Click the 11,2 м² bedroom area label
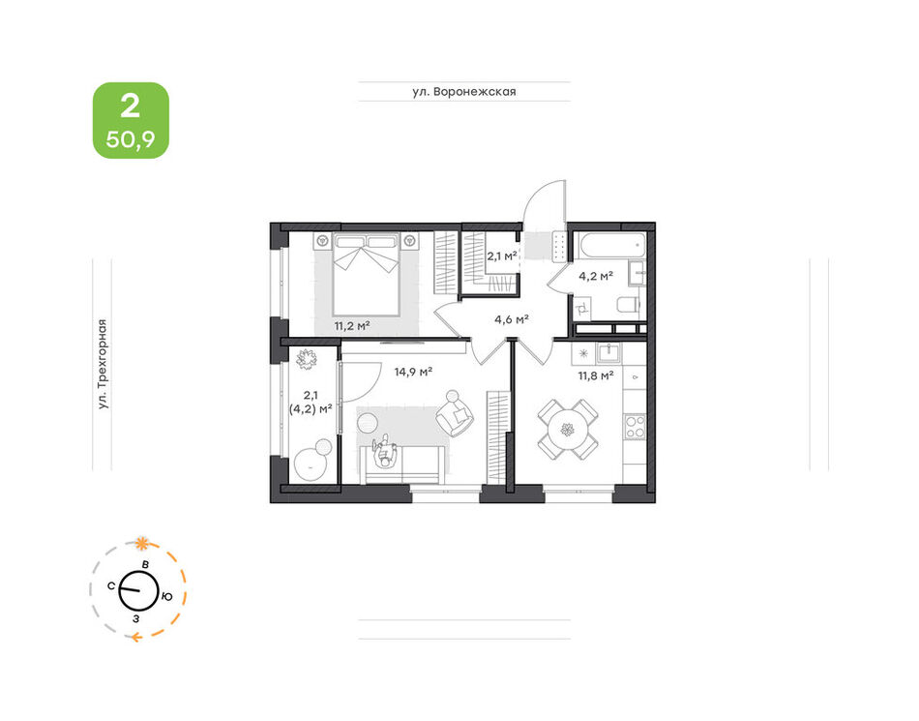(352, 325)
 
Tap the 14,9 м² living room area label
(413, 371)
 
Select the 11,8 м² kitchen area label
(596, 376)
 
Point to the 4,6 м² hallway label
(512, 319)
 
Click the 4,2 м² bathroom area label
(596, 276)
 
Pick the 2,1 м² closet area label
(502, 255)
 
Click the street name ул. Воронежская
(463, 91)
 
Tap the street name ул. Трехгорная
(104, 364)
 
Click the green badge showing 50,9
(131, 120)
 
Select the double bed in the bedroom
(367, 274)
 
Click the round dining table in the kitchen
(567, 430)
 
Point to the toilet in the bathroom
(629, 306)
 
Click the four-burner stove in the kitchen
(635, 426)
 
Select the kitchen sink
(609, 353)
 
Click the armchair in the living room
(455, 412)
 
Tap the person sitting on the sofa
(385, 451)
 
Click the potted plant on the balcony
(305, 359)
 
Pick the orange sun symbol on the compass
(141, 543)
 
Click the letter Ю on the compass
(167, 597)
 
